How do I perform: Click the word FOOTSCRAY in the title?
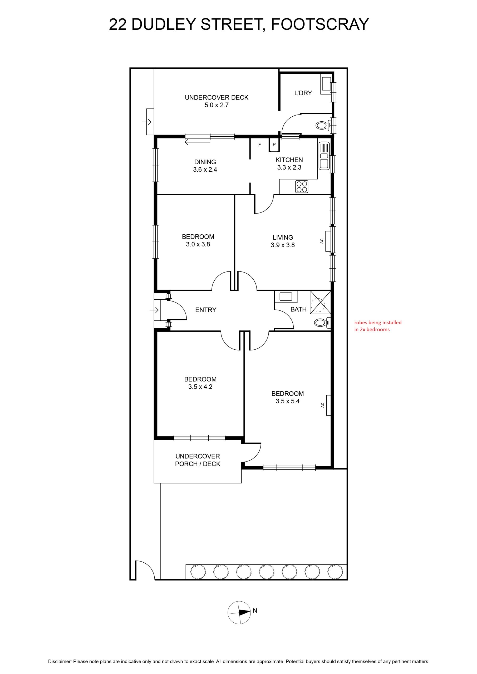click(319, 24)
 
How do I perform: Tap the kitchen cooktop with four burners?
click(302, 187)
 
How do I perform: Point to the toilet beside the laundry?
click(324, 126)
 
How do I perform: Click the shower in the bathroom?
click(320, 302)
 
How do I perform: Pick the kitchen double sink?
click(324, 156)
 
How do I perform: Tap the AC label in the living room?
click(322, 241)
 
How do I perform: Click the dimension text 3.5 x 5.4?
click(288, 401)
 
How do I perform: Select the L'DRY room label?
click(303, 93)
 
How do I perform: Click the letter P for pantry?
click(274, 145)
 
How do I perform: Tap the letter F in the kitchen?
click(260, 145)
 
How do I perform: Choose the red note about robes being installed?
click(378, 326)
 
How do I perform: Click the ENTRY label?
click(206, 310)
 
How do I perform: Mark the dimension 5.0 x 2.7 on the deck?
click(217, 105)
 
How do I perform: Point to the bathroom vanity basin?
click(286, 297)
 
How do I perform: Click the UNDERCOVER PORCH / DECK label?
click(198, 460)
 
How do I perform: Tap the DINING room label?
click(205, 162)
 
